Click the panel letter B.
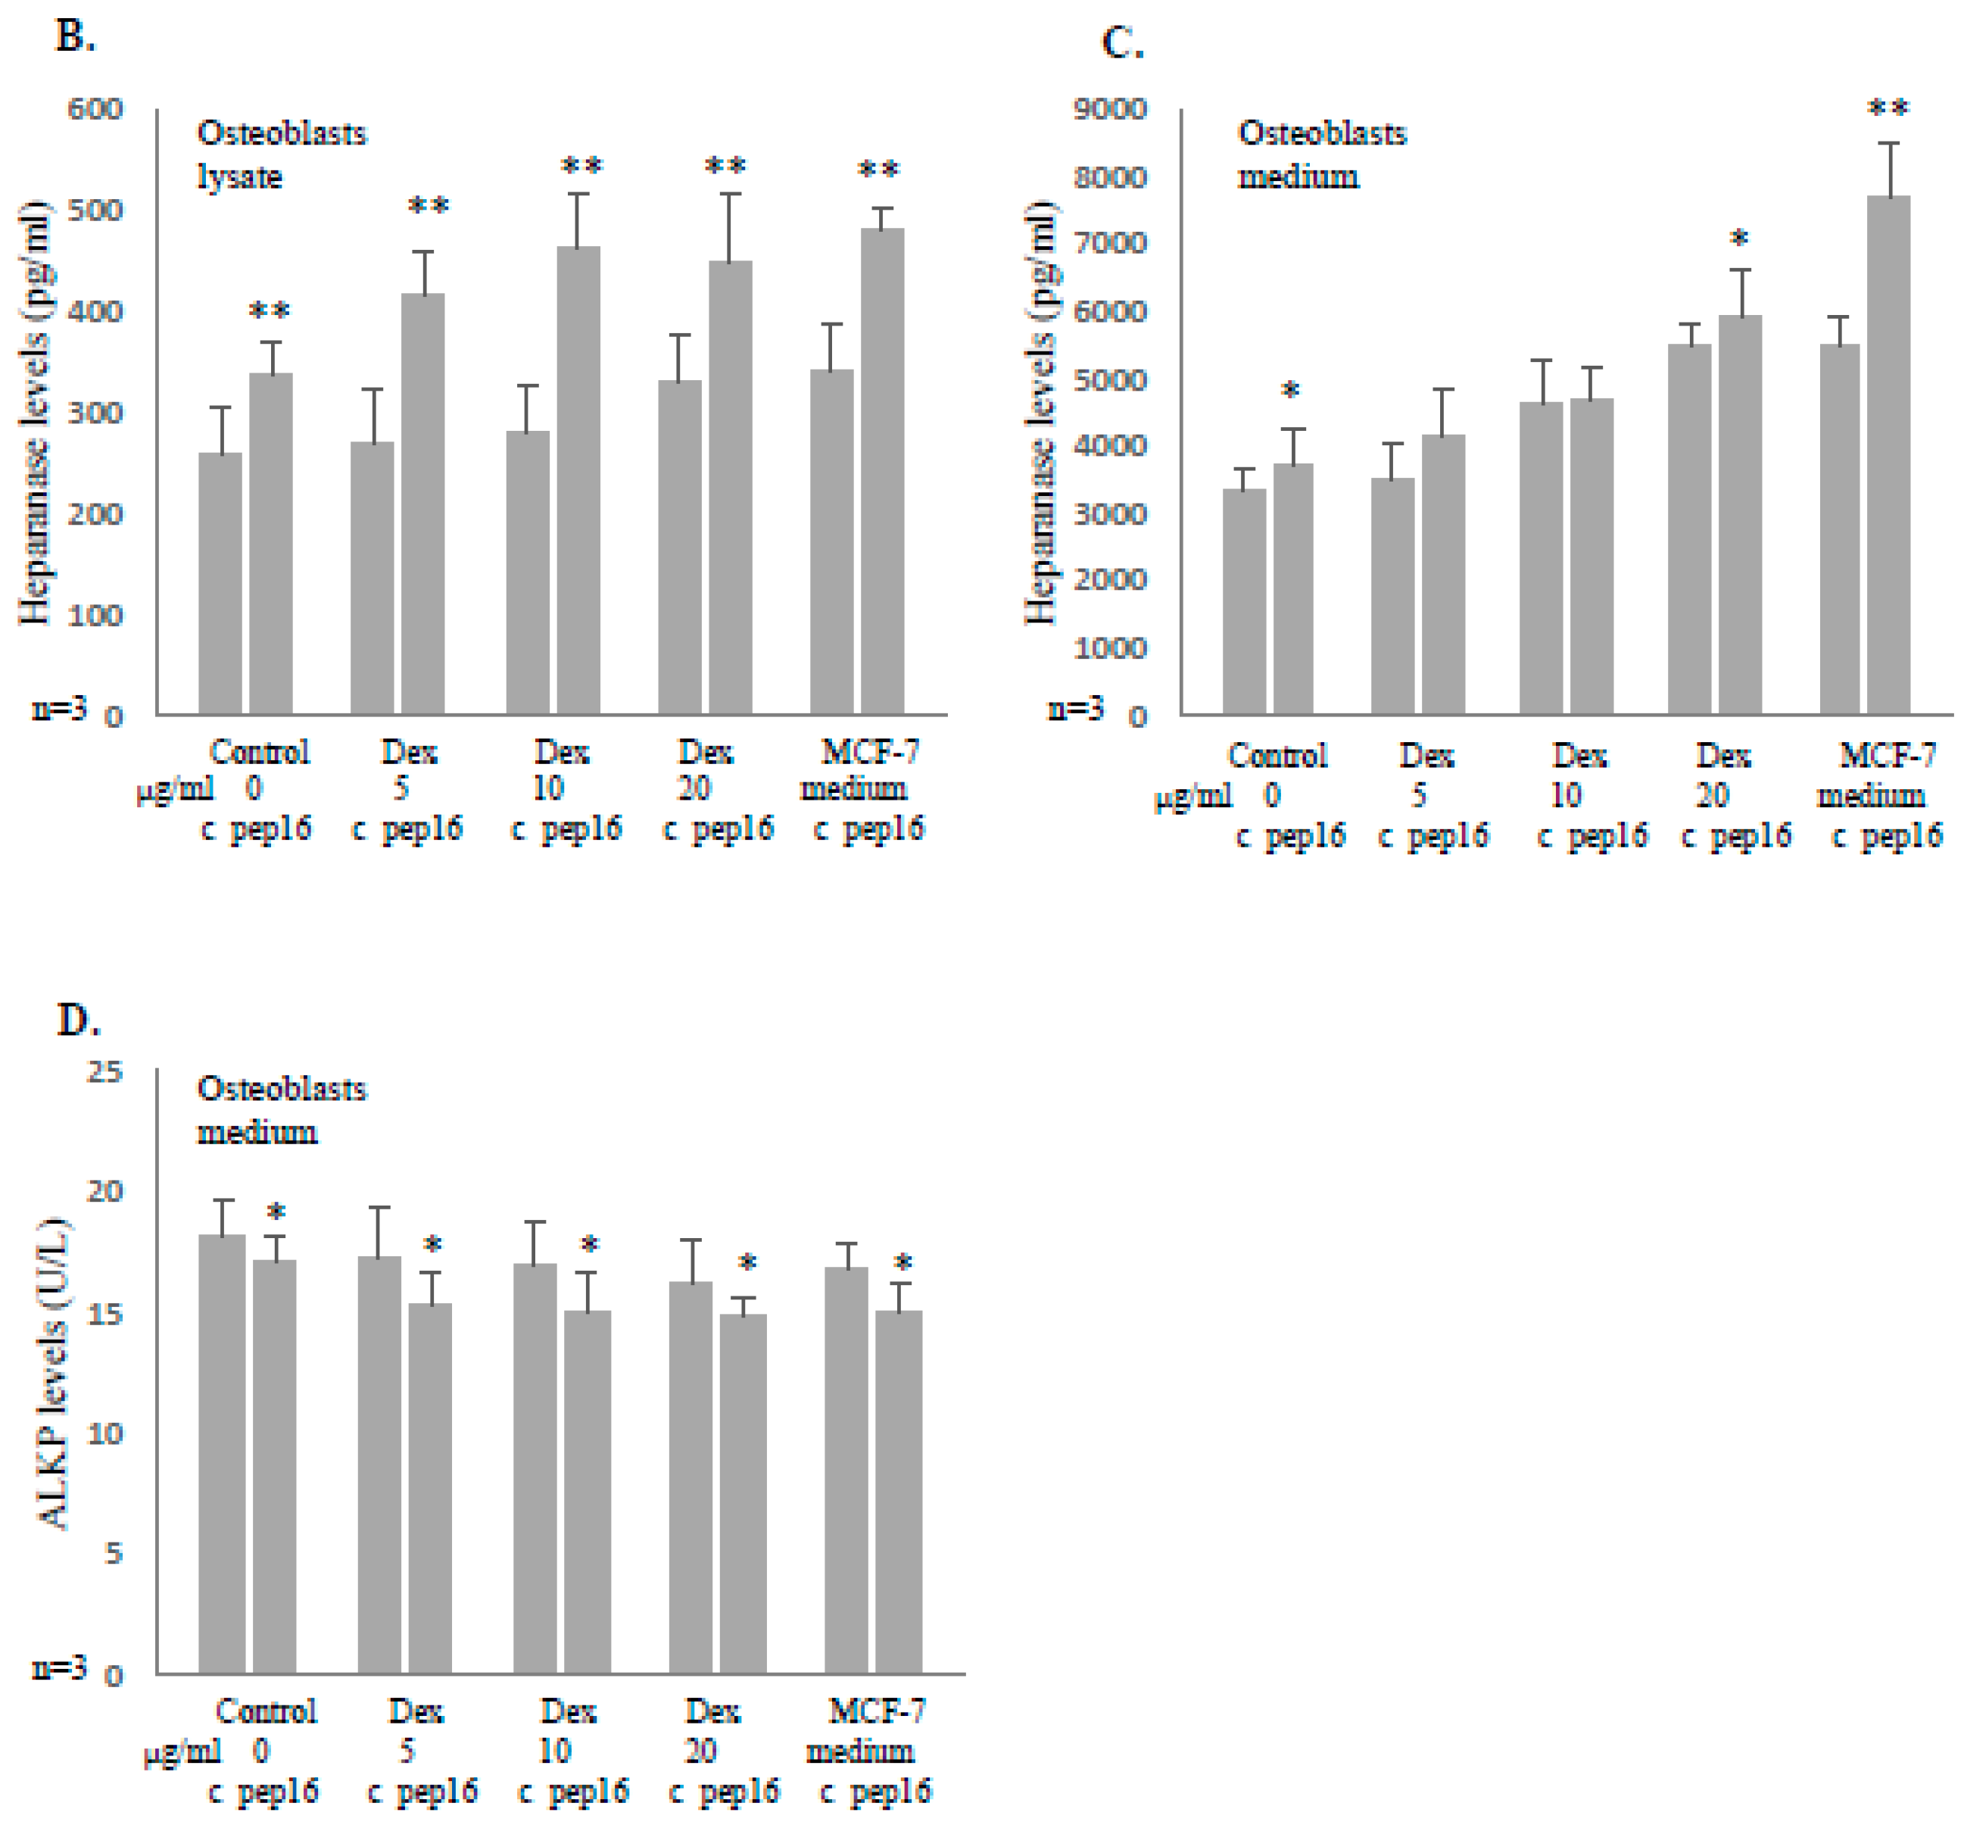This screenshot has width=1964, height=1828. click(74, 38)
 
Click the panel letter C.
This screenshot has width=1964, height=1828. click(1121, 43)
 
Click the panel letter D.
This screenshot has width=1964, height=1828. click(78, 1020)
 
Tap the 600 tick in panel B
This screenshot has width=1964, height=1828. click(95, 109)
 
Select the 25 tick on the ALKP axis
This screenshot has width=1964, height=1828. click(104, 1072)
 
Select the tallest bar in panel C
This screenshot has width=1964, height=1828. click(1888, 454)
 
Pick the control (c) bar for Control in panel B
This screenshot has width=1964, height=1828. click(220, 583)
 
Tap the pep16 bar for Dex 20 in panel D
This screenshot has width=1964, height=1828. click(742, 1492)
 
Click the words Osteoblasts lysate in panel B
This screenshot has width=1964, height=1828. click(281, 154)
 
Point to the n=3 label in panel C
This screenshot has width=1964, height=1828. click(1075, 709)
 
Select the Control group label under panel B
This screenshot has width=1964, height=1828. click(260, 753)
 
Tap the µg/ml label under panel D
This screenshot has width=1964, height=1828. click(182, 1751)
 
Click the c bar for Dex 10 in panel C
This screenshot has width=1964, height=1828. click(1542, 558)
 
